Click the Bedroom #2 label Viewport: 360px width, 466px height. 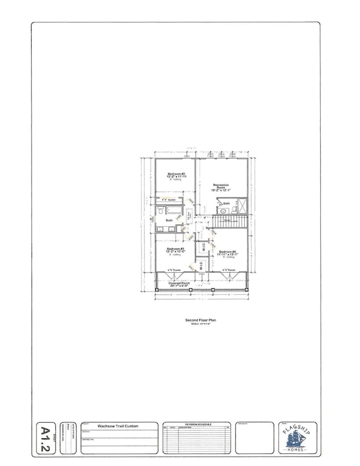(x=175, y=174)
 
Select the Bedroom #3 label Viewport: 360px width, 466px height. (x=175, y=250)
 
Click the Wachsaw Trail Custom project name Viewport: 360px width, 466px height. (x=118, y=426)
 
